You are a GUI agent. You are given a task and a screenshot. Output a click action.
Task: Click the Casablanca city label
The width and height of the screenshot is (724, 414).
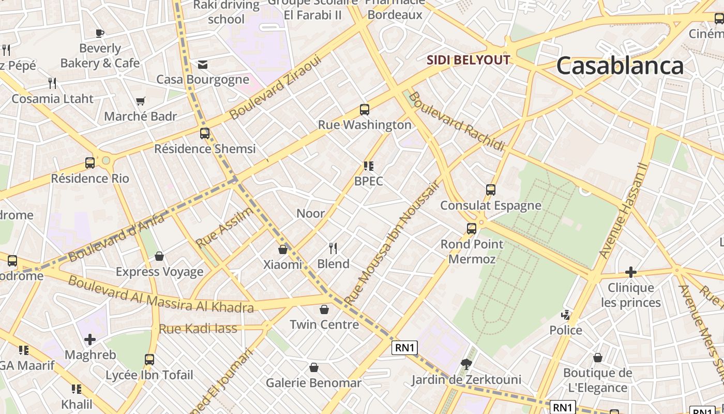620,66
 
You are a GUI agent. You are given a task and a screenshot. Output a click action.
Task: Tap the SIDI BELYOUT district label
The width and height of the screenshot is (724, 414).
468,60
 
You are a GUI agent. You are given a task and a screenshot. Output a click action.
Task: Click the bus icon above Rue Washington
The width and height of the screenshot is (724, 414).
365,110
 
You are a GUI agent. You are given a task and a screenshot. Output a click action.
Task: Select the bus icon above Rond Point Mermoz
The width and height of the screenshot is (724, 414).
472,228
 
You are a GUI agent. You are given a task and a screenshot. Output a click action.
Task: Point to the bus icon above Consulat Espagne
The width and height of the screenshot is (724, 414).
490,190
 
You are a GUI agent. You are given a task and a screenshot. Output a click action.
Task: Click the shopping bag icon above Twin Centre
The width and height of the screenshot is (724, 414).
324,309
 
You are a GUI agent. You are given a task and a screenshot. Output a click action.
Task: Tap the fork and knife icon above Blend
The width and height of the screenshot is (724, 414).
333,248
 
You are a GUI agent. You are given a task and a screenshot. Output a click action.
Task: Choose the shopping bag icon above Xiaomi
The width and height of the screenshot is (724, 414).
282,249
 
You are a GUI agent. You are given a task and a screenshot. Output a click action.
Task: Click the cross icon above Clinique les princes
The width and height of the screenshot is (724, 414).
630,272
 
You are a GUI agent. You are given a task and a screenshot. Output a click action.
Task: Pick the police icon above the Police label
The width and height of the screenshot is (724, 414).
566,315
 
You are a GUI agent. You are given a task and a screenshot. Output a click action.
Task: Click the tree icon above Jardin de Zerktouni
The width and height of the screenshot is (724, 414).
466,364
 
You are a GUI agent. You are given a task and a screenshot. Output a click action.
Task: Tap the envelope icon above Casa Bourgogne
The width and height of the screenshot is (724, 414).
203,64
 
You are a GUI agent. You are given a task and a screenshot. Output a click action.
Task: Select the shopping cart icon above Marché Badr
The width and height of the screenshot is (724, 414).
140,101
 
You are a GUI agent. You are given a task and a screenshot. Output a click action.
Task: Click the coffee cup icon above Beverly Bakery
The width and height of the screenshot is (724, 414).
100,33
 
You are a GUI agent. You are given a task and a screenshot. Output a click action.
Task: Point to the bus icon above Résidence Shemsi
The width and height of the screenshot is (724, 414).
205,134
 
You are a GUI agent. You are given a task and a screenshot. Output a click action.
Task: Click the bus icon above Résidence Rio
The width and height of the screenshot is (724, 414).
90,163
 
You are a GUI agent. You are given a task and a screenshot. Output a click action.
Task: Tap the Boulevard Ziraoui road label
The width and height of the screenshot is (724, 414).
275,87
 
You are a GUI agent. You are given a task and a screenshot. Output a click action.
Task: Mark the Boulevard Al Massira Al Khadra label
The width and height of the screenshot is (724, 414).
161,294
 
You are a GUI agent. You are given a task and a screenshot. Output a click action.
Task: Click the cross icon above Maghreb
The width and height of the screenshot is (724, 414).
90,339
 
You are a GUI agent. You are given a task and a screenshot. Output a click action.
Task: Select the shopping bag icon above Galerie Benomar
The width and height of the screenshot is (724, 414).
313,367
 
